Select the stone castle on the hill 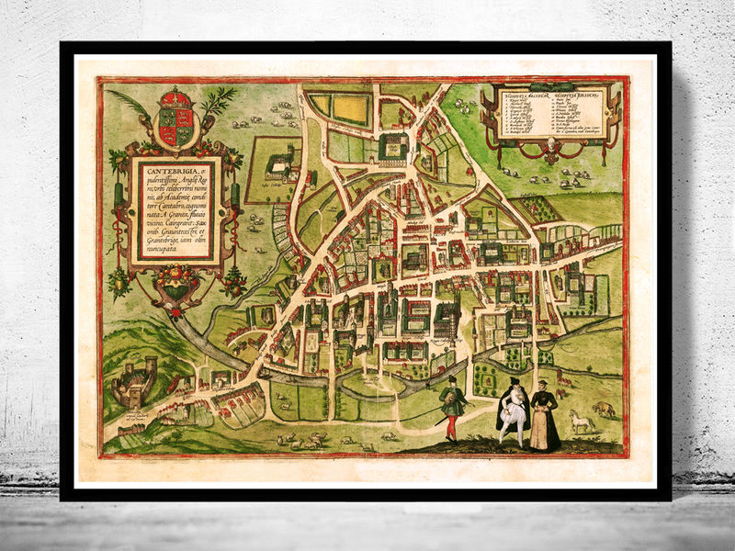tap(133, 382)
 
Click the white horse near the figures tap(581, 422)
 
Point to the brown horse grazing tap(604, 409)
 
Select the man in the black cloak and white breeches tap(512, 413)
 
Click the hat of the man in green tap(451, 379)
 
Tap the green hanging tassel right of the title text tap(233, 197)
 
